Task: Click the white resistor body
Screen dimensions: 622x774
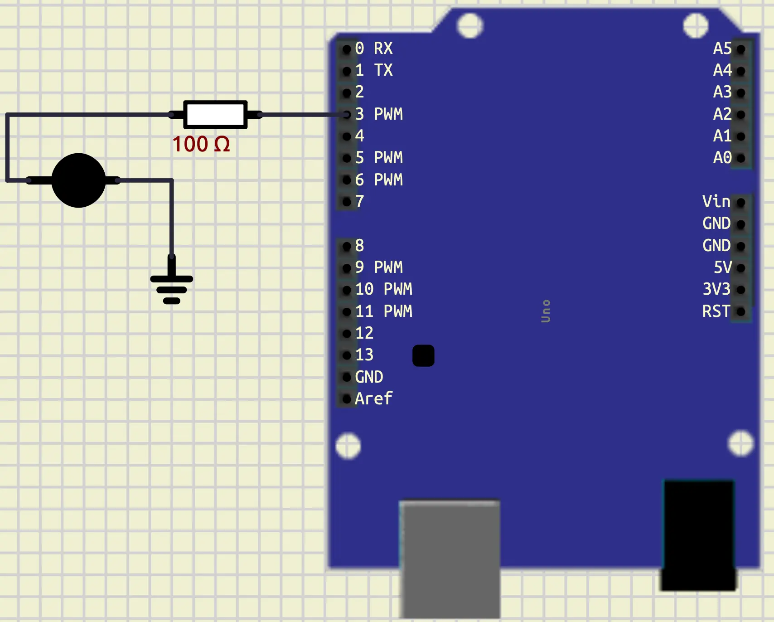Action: (215, 115)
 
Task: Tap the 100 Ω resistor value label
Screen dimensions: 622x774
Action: (201, 144)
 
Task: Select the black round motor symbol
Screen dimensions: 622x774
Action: (78, 180)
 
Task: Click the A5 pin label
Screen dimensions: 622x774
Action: (722, 49)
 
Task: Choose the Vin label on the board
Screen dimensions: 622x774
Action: (716, 202)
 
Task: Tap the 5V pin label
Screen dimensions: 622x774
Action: (723, 267)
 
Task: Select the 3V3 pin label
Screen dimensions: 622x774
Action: (716, 289)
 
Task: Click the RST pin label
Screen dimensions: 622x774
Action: (716, 311)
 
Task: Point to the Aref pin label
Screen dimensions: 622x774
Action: (373, 399)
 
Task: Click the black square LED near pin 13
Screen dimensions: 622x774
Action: (423, 355)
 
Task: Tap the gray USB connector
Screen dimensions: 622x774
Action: (450, 559)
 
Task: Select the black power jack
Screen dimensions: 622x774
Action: (699, 535)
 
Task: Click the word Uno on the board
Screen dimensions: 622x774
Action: (546, 311)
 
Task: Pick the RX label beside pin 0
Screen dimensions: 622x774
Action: (383, 49)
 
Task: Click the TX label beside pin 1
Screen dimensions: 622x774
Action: (383, 70)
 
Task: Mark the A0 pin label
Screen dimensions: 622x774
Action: (722, 158)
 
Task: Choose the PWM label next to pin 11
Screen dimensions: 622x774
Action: (398, 311)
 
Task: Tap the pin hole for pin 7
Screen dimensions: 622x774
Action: (347, 202)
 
